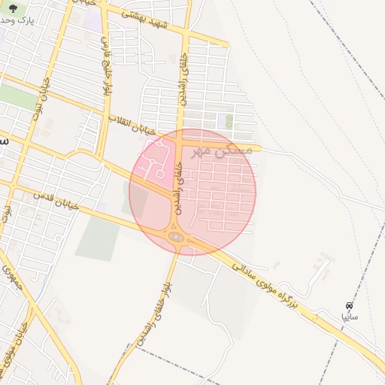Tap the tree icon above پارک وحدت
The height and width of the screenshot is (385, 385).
[x=13, y=8]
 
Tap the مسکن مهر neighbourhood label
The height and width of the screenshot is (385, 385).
[x=222, y=150]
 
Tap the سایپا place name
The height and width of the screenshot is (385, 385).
[x=349, y=318]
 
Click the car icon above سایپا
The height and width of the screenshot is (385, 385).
[x=350, y=305]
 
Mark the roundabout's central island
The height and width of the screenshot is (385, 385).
[x=175, y=238]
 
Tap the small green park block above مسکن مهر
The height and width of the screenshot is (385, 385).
[x=225, y=120]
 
